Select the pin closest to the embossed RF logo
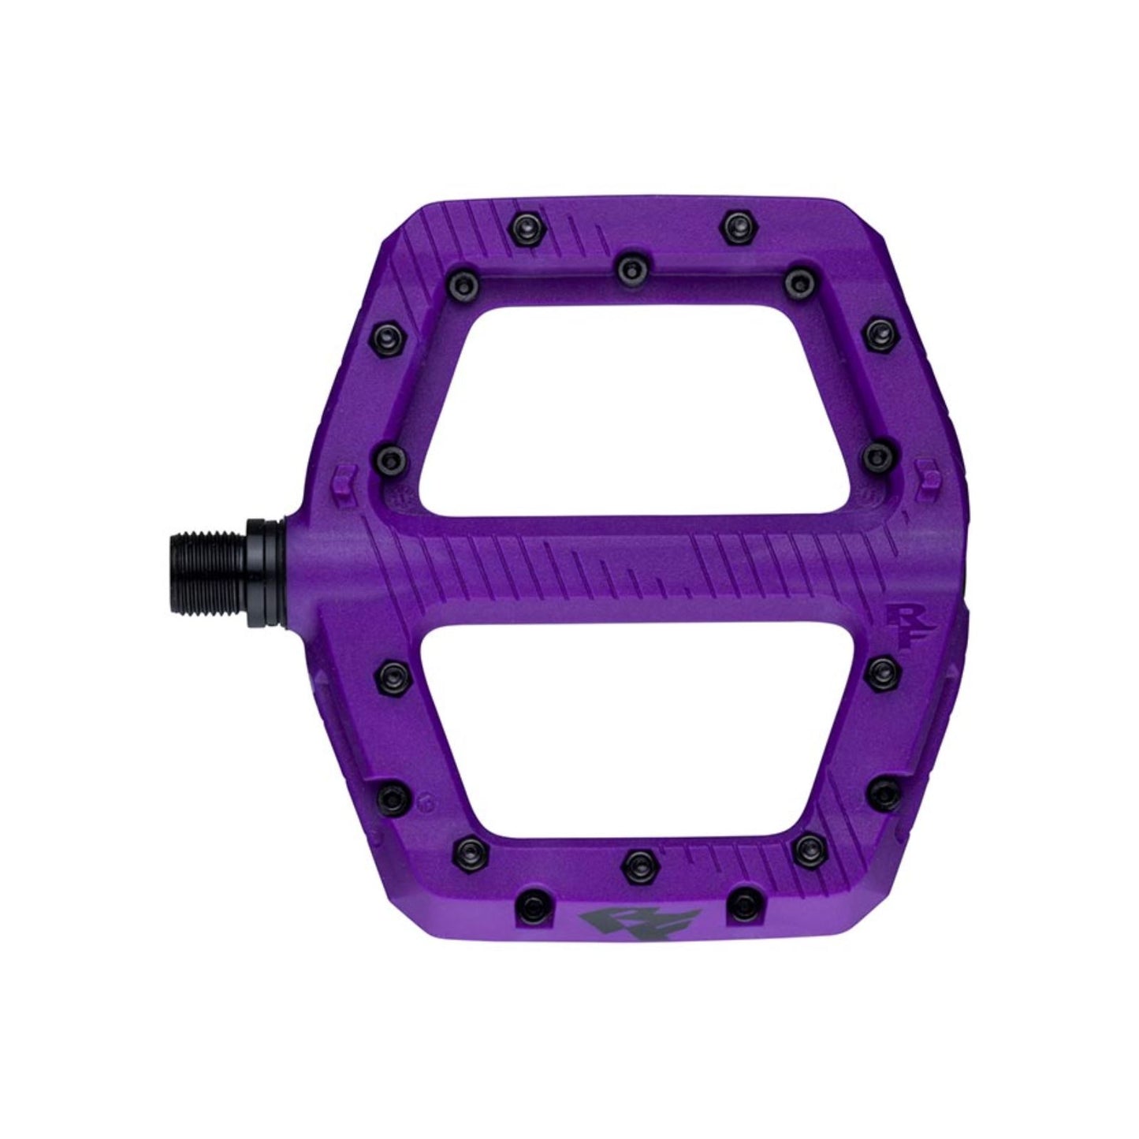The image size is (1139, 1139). coord(879,670)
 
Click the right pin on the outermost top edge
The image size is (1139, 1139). coord(735,220)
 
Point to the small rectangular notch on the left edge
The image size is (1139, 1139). coord(341,478)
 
